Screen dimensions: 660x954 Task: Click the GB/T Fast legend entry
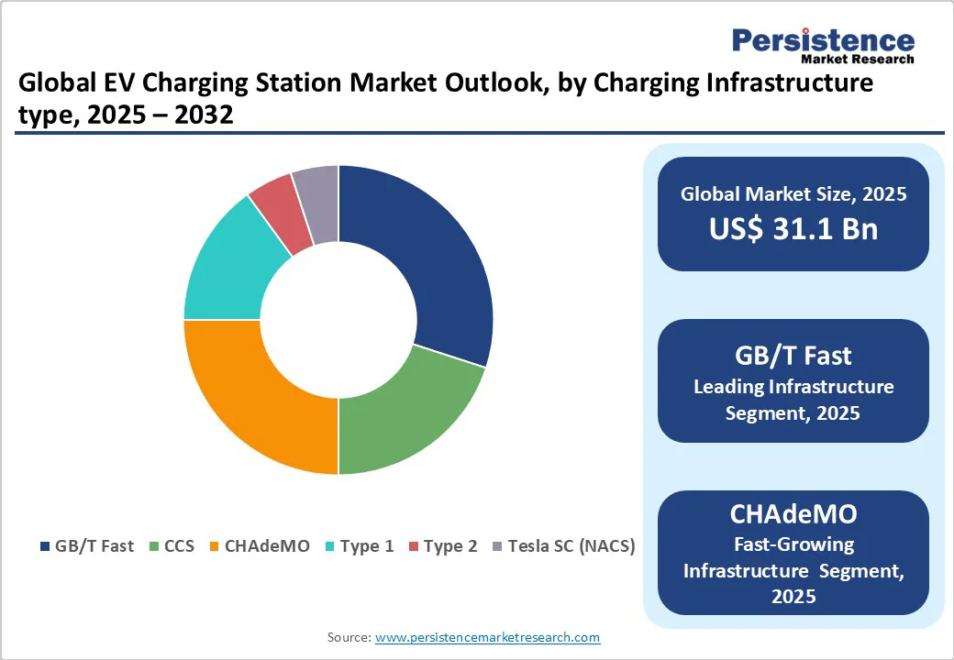coord(87,546)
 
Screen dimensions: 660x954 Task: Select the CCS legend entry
coord(172,546)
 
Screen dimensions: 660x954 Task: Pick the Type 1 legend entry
coord(359,546)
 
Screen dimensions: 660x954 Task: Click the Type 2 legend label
coord(443,546)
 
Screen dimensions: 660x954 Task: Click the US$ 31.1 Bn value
coord(793,229)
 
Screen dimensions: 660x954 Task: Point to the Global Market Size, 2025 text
coord(793,194)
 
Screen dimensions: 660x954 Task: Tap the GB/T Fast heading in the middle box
coord(793,355)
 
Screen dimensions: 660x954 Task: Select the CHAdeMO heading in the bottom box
coord(793,514)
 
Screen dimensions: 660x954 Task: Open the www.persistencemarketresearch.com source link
coord(487,637)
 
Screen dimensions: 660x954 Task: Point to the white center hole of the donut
coord(338,320)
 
